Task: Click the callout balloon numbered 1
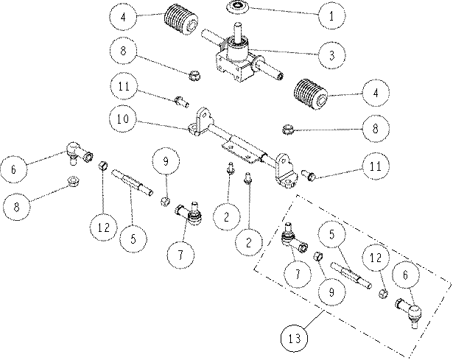331,15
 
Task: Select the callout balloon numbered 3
331,55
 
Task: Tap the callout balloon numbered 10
123,119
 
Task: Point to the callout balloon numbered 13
295,338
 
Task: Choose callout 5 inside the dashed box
332,234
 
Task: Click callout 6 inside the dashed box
405,275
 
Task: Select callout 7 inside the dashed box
298,274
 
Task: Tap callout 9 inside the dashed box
331,292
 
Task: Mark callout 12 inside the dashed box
376,257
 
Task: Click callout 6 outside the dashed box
13,169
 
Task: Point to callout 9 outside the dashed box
166,160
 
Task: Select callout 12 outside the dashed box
103,227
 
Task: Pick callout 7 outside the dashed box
180,255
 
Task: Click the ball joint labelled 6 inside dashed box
409,313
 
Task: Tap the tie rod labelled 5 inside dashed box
351,275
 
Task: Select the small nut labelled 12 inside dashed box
383,294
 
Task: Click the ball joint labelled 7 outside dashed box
189,213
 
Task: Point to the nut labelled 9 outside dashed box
165,201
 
